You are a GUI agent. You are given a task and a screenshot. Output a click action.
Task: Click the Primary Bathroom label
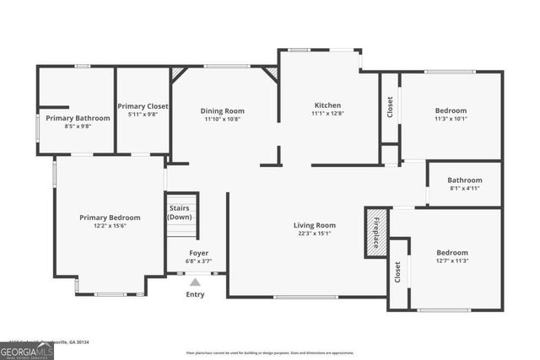click(78, 118)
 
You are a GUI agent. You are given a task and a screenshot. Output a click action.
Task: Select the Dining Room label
click(222, 110)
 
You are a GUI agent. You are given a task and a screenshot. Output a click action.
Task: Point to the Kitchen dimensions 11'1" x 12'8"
click(327, 114)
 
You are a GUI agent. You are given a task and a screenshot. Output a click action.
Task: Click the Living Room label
click(315, 225)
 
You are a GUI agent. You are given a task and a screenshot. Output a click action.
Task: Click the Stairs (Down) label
click(180, 212)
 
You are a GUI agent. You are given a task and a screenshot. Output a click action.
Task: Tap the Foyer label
click(198, 253)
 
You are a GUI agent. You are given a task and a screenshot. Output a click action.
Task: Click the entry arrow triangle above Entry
click(195, 283)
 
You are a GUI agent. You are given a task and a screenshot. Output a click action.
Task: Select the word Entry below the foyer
click(195, 294)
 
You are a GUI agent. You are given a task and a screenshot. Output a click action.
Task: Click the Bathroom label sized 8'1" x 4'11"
click(464, 180)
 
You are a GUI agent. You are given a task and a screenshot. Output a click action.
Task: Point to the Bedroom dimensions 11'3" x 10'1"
click(451, 119)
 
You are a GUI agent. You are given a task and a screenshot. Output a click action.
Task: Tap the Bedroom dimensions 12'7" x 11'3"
click(451, 261)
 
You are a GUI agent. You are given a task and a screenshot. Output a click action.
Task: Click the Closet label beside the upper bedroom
click(390, 107)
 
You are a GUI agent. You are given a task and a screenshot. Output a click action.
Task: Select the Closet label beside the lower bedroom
click(398, 272)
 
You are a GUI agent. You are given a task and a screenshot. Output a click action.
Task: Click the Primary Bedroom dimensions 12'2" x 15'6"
click(110, 226)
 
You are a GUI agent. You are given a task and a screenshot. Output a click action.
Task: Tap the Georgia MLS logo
click(27, 347)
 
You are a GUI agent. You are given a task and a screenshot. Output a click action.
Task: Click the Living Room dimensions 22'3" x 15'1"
click(315, 234)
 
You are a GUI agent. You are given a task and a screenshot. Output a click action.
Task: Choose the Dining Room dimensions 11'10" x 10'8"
click(222, 119)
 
